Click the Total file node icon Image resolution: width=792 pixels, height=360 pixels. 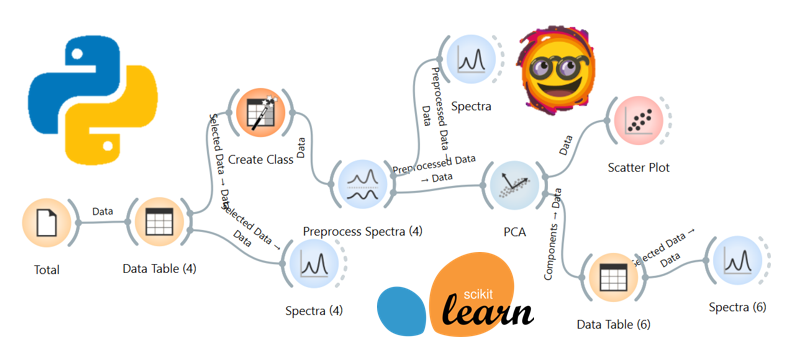(x=47, y=224)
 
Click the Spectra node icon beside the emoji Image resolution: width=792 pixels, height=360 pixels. (x=468, y=60)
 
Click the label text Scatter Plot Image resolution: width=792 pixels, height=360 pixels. (x=638, y=168)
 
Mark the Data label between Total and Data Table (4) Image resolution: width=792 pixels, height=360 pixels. (x=102, y=211)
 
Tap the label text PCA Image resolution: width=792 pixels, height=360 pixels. (x=515, y=232)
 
